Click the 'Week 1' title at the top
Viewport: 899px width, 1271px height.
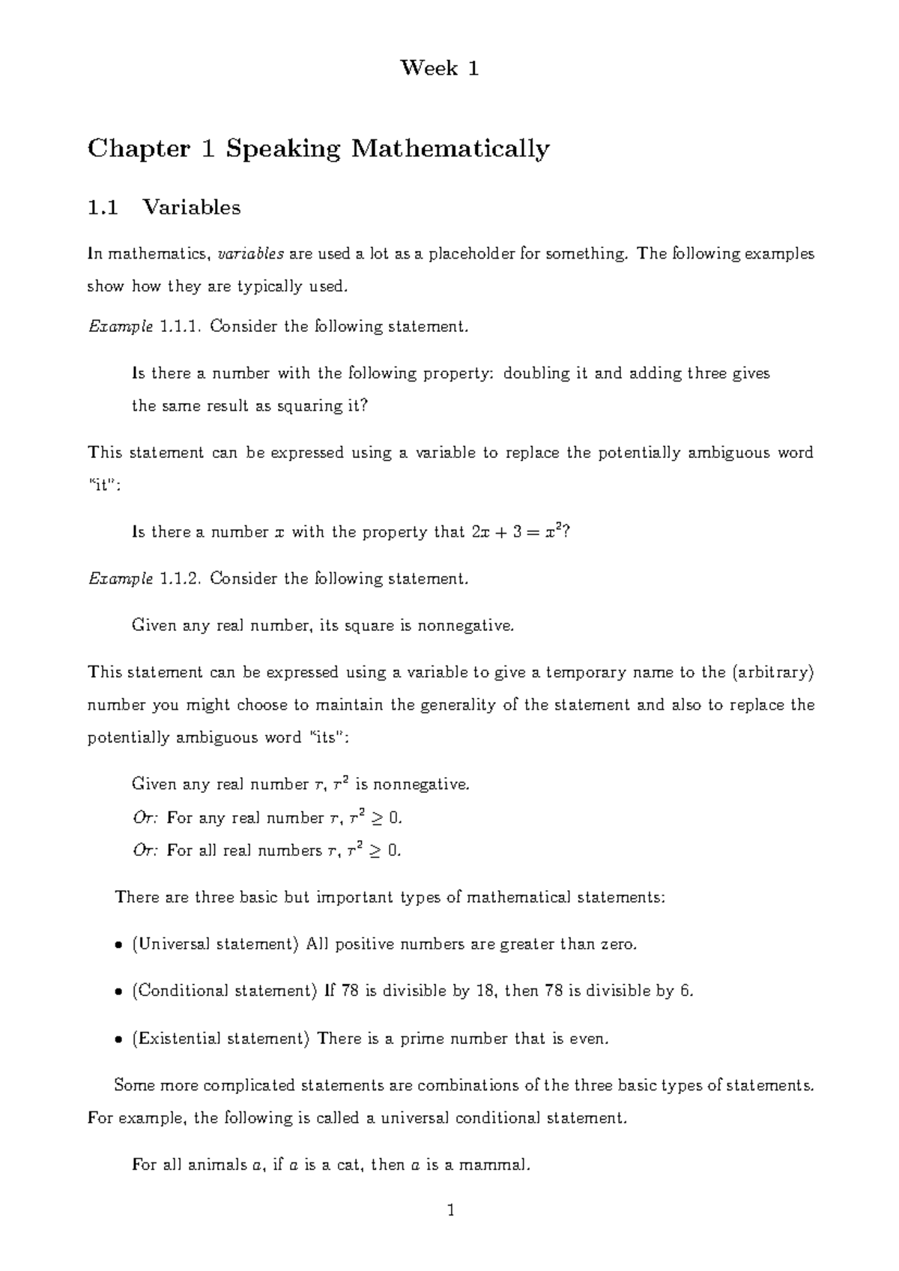[440, 69]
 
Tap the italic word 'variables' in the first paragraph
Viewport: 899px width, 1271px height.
[250, 254]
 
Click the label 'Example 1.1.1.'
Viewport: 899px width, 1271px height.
[145, 327]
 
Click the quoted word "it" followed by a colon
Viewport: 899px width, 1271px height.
[103, 485]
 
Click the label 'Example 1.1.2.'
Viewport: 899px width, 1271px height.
[145, 579]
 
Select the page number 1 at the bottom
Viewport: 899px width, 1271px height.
[450, 1210]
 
